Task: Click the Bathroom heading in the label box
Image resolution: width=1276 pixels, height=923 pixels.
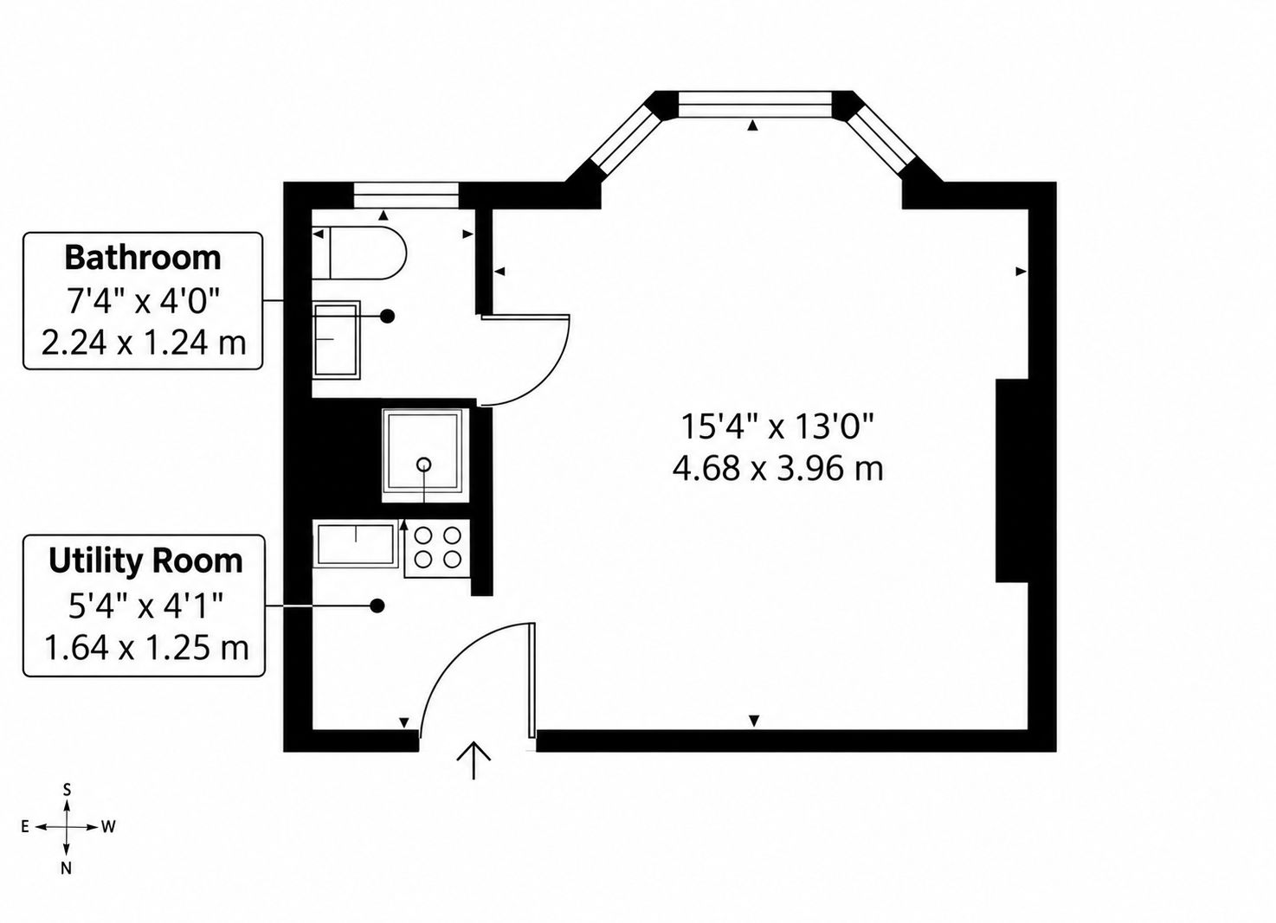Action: (143, 258)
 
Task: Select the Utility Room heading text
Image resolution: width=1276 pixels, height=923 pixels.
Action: (145, 561)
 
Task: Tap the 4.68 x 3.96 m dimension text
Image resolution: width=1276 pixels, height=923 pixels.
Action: (777, 469)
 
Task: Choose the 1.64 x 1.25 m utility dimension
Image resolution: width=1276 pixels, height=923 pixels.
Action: (146, 647)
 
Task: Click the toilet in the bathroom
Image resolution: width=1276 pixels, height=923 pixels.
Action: (359, 253)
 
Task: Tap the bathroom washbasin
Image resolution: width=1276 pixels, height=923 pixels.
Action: (336, 340)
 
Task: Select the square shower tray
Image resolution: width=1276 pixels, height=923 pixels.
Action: (424, 456)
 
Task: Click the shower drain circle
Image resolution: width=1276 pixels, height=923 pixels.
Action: (424, 464)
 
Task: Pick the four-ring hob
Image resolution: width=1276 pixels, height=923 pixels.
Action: (437, 548)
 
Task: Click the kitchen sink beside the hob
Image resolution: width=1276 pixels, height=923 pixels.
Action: (356, 545)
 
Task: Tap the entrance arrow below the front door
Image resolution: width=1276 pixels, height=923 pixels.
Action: (474, 760)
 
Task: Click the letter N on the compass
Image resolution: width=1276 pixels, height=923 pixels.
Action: (67, 884)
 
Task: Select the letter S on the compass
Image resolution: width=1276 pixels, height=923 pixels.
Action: (67, 790)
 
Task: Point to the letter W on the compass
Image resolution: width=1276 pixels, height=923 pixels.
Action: (109, 826)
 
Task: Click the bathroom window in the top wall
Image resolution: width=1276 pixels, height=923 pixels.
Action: (406, 195)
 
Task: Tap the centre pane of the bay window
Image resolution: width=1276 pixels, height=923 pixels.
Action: (755, 106)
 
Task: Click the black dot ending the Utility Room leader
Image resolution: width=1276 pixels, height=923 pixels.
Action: (377, 606)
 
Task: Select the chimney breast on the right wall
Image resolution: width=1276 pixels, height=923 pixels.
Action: (1012, 481)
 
